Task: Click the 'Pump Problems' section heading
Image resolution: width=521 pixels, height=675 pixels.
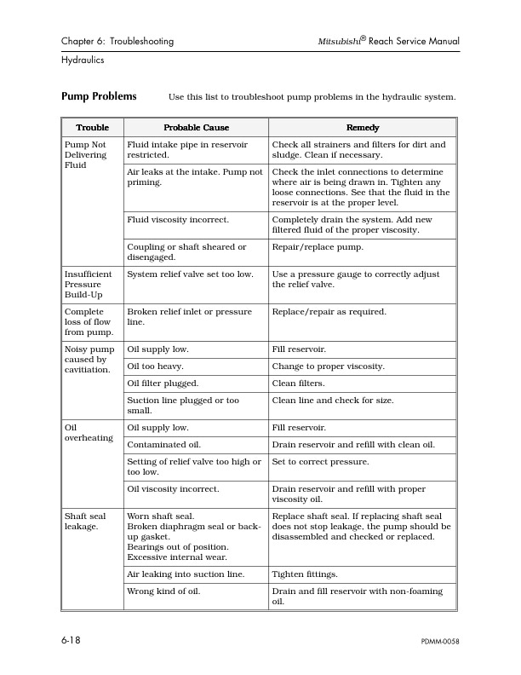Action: [x=99, y=96]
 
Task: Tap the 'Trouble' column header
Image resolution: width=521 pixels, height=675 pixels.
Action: [x=92, y=128]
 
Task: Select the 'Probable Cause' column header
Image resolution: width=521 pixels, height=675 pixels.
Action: [x=196, y=128]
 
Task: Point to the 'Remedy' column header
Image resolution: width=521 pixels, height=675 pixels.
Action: [x=363, y=128]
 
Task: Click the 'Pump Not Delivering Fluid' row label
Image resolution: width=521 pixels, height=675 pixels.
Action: [x=86, y=155]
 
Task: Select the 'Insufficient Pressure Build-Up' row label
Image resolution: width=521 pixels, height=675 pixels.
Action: [x=89, y=285]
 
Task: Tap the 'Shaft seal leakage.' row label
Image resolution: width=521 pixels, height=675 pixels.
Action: [x=85, y=522]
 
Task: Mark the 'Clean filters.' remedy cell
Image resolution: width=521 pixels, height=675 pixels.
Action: [x=296, y=384]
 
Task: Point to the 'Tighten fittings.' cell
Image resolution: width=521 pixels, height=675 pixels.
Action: [x=304, y=574]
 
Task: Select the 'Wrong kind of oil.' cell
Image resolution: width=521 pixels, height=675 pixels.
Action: [x=163, y=591]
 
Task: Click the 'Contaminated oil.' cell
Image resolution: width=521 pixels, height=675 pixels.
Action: [x=164, y=445]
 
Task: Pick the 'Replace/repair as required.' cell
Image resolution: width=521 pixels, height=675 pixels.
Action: [x=329, y=312]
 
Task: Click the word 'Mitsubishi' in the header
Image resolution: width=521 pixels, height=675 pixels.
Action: [x=337, y=41]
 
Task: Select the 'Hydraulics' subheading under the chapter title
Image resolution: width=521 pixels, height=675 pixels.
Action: [x=83, y=61]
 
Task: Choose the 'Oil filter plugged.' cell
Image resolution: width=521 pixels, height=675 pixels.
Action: [x=163, y=384]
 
